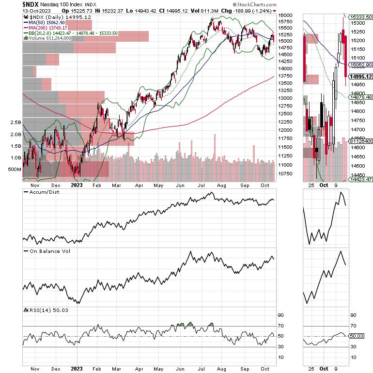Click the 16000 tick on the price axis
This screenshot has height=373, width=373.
(285, 15)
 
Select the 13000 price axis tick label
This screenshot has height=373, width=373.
(285, 98)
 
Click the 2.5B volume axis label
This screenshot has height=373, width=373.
(15, 123)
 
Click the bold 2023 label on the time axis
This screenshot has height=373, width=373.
(77, 185)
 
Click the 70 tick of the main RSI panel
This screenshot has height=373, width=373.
(280, 326)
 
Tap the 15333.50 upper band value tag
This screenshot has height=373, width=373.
(362, 17)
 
